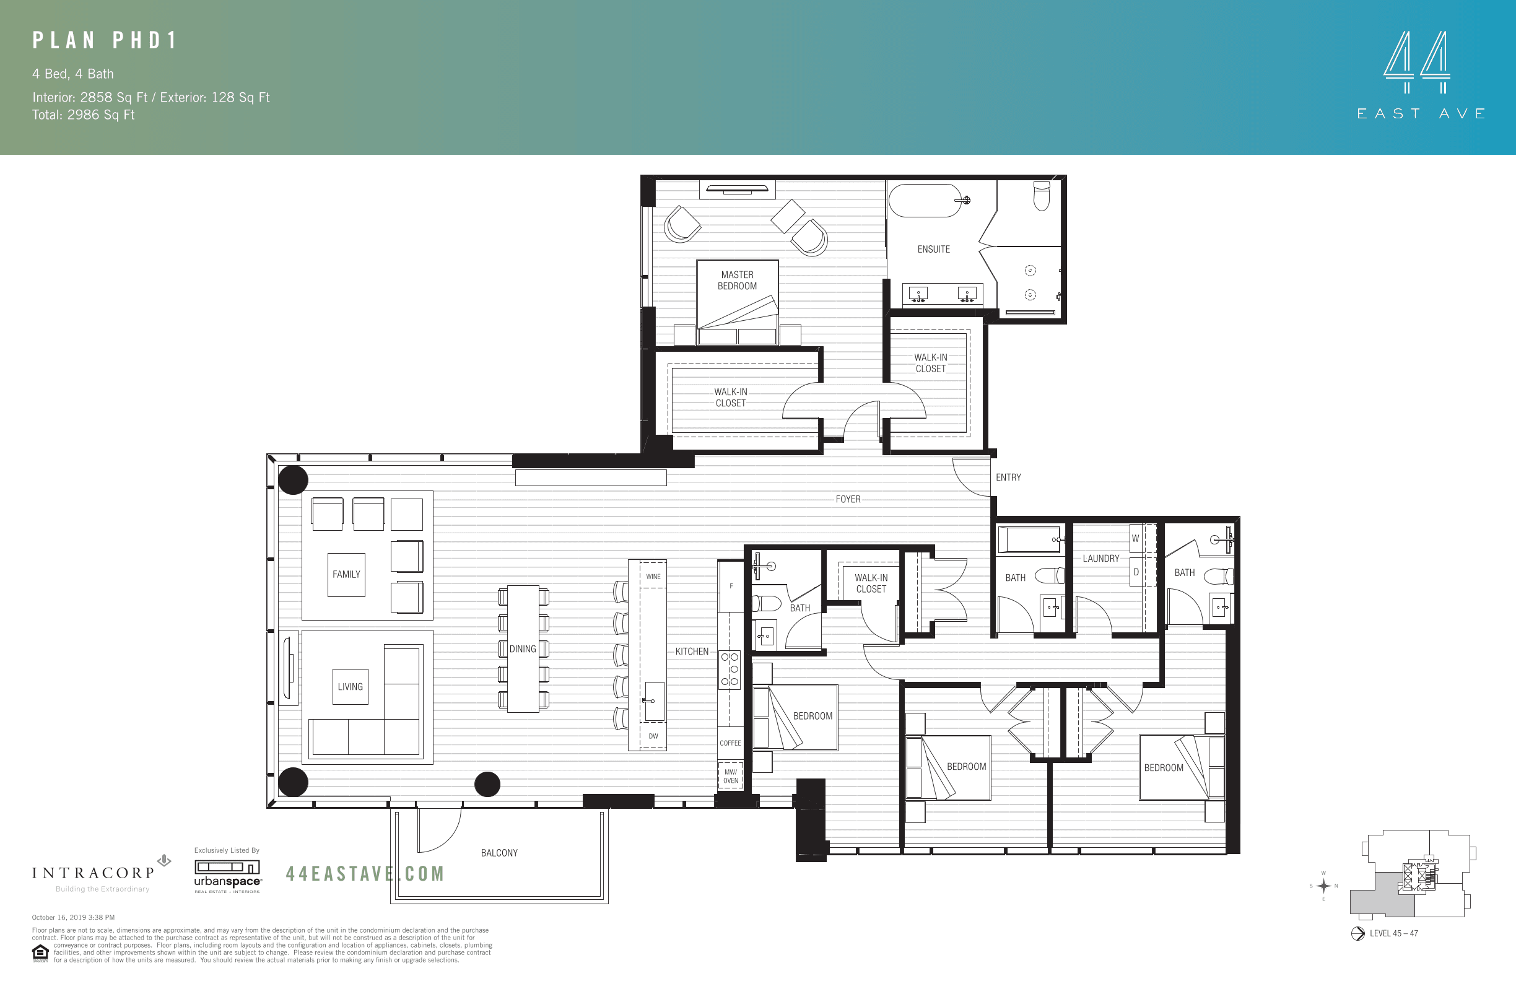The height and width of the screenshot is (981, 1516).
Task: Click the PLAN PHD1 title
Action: coord(105,41)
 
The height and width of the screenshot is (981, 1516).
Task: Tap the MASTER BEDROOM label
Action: coord(737,281)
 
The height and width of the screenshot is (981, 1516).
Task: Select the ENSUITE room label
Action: coord(933,249)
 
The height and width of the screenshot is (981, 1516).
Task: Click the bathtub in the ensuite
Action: coord(925,201)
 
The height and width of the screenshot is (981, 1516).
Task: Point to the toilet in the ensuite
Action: coord(1042,196)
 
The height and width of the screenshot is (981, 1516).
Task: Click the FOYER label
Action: coord(848,499)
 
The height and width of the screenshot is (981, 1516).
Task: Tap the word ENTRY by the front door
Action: coord(1008,477)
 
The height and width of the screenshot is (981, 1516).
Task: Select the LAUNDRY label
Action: coord(1100,558)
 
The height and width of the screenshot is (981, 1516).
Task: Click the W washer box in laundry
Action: coord(1135,538)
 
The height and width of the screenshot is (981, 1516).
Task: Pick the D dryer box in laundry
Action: coord(1135,572)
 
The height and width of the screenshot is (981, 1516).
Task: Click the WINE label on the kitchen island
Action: coord(653,577)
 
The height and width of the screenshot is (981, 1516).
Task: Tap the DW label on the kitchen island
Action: coord(653,736)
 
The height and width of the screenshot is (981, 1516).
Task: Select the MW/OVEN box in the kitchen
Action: coord(731,776)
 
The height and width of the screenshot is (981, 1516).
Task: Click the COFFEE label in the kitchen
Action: coord(730,743)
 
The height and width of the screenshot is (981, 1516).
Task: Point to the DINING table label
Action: coord(522,648)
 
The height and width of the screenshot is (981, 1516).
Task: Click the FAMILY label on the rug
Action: coord(346,574)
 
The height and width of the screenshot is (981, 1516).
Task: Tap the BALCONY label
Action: coord(499,853)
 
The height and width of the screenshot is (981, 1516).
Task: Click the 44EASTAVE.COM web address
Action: coord(365,873)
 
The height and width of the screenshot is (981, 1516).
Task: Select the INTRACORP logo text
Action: coord(94,873)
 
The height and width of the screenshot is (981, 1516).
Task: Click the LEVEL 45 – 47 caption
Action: coord(1394,933)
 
